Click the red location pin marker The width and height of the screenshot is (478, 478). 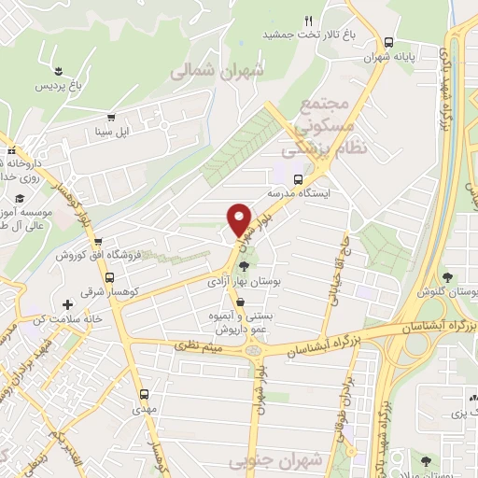coord(239,218)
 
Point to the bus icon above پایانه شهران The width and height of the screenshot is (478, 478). coord(389,41)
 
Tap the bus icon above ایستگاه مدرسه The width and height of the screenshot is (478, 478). coord(298,179)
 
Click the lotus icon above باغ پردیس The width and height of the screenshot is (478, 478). coord(60,72)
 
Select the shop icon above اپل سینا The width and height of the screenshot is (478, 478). coord(111,118)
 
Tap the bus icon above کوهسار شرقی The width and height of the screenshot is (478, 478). coord(111,277)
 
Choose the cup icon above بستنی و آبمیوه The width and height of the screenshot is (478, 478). coord(243,302)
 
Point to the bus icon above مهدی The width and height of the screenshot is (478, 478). coord(144,394)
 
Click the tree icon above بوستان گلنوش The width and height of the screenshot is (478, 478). coord(448,277)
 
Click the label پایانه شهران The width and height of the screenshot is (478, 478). coord(415,56)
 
